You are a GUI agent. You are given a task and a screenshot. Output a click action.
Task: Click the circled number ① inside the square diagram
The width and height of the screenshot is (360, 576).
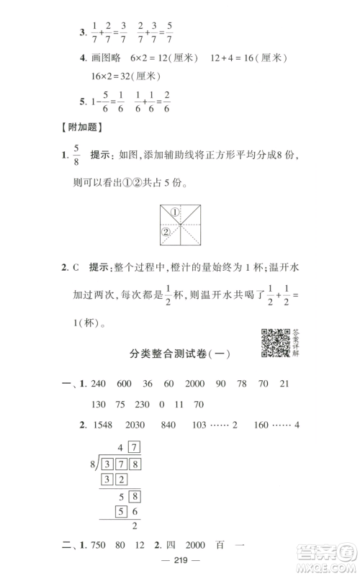[174, 212]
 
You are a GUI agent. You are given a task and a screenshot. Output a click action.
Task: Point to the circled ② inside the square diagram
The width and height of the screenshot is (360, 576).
[165, 232]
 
